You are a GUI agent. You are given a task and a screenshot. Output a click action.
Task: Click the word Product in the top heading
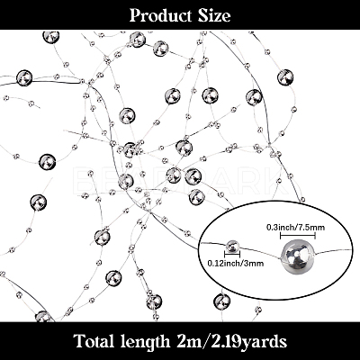(160, 15)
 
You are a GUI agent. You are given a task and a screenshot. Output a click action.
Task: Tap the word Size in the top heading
(214, 15)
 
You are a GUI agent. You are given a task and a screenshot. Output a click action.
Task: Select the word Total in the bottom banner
(93, 341)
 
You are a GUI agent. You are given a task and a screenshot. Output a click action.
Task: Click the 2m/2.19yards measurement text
(229, 342)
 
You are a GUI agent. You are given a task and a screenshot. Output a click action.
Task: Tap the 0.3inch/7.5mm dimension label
(296, 228)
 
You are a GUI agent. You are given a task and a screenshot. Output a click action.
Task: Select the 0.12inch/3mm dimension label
(236, 263)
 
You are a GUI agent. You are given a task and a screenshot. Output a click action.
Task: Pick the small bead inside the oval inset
(232, 246)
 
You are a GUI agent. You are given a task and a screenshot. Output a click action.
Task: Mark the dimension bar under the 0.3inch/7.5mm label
(298, 236)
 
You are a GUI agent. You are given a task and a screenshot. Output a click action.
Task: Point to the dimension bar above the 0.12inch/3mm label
(232, 255)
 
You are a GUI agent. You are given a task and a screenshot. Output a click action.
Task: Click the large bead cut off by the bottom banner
(42, 316)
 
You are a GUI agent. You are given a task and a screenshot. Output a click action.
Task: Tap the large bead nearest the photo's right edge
(285, 77)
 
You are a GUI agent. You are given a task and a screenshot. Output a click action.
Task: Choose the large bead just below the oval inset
(221, 301)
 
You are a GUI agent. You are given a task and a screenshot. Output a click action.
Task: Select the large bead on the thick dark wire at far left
(24, 78)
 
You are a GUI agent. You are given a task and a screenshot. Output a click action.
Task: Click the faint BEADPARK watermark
(180, 180)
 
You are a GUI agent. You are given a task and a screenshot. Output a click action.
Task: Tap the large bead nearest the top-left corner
(51, 37)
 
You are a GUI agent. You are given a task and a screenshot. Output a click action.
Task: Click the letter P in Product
(135, 16)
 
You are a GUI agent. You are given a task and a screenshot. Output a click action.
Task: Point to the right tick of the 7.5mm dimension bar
(315, 236)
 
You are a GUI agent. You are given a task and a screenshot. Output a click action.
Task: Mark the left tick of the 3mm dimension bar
(225, 255)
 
